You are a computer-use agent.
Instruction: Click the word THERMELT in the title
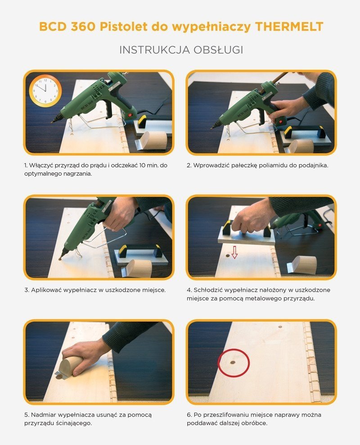pyautogui.click(x=289, y=27)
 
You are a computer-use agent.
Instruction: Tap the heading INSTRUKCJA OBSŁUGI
pyautogui.click(x=181, y=50)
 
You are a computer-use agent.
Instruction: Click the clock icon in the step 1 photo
pyautogui.click(x=45, y=91)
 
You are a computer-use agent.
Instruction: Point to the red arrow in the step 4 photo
pyautogui.click(x=234, y=252)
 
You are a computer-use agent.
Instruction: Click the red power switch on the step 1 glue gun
pyautogui.click(x=130, y=115)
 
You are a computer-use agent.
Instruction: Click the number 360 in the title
pyautogui.click(x=83, y=27)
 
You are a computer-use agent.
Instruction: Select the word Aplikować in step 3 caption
pyautogui.click(x=46, y=290)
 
